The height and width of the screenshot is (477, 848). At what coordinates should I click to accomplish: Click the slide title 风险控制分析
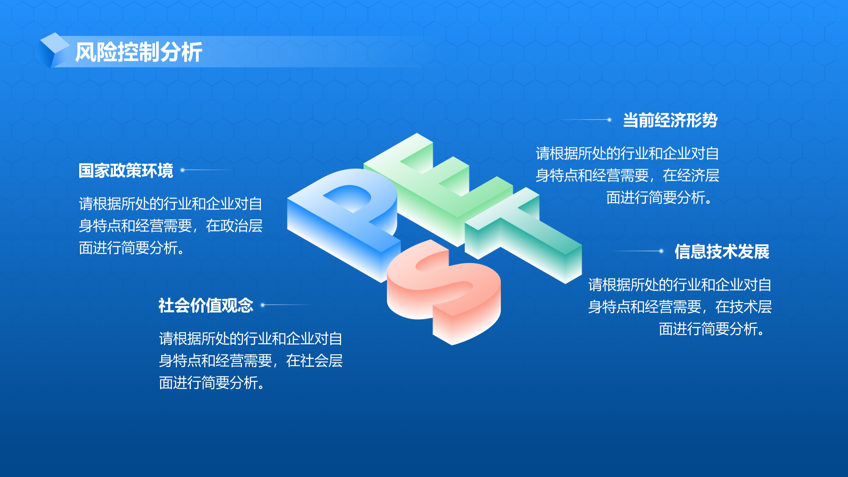click(x=139, y=52)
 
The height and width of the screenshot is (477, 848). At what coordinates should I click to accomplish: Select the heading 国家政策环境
click(x=126, y=170)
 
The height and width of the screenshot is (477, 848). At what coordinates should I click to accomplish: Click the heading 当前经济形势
click(x=670, y=120)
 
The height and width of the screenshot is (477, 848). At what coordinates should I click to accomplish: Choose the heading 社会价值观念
click(x=206, y=305)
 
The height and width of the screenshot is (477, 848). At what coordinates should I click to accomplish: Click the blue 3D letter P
click(x=344, y=224)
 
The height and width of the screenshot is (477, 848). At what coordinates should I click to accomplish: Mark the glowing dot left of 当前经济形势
click(x=609, y=120)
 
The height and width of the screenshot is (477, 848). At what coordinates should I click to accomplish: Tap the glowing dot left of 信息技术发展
click(x=661, y=251)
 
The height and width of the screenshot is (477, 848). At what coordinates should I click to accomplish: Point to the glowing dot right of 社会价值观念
click(x=263, y=305)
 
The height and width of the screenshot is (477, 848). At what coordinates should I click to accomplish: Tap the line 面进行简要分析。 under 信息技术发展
click(x=713, y=329)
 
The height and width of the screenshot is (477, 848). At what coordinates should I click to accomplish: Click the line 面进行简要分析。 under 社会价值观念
click(x=212, y=383)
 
